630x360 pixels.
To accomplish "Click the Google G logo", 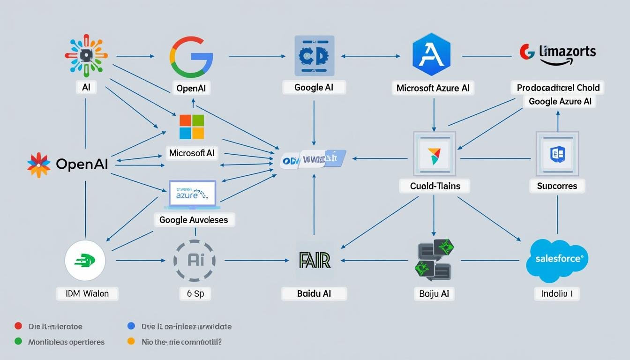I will pos(191,57).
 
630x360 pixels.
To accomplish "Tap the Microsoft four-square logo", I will pos(192,127).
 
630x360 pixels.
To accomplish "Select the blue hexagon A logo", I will pos(431,55).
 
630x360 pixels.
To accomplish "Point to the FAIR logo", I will pos(314,260).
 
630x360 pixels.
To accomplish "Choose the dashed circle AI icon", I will pos(195,261).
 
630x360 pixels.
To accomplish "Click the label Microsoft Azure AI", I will pos(433,88).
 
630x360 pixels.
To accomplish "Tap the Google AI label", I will pos(315,87).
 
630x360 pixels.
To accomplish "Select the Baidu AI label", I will pos(314,294).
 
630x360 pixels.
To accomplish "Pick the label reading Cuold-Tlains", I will pos(435,186).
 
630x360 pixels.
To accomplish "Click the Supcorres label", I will pos(557,186).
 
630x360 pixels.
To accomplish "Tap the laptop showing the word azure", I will pos(192,195).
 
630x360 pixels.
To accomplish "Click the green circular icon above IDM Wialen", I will pos(85,261).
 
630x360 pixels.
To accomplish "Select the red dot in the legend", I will pos(18,326).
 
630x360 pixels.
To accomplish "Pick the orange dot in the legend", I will pos(131,342).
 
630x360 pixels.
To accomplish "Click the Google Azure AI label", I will pos(560,101).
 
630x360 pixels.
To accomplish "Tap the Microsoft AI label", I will pos(192,153).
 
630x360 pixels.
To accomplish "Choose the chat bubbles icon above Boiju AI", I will pos(434,261).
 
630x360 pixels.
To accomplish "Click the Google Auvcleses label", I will pos(194,219).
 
